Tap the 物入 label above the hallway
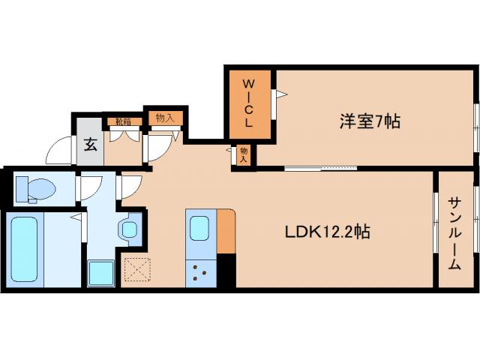pos(165,117)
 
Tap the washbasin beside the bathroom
pos(130,229)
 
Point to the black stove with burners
pos(200,272)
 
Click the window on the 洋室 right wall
pos(475,120)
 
